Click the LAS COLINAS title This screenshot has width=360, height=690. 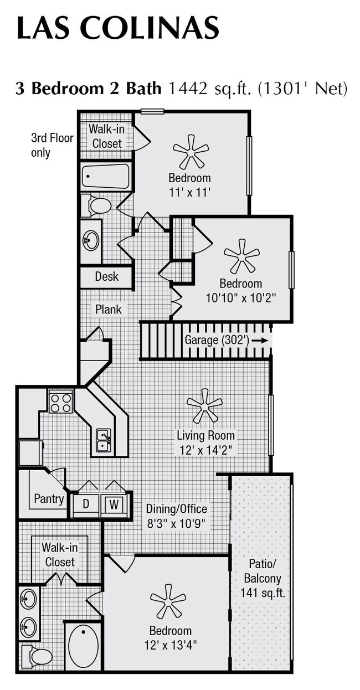(x=117, y=28)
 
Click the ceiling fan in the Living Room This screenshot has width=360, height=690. (x=204, y=405)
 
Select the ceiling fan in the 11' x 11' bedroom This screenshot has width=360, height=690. (x=191, y=151)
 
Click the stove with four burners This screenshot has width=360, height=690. (x=61, y=401)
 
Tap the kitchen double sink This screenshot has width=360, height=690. (x=104, y=441)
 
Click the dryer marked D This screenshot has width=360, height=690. (x=86, y=504)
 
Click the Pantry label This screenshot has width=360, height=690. (x=49, y=498)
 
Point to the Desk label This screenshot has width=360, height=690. (x=106, y=276)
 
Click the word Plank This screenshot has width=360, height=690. (x=109, y=309)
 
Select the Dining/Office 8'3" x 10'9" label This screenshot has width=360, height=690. (x=177, y=516)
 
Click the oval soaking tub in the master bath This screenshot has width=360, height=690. (x=84, y=646)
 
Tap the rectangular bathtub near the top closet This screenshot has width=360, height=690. (x=105, y=176)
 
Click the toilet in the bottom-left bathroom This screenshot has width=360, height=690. (x=38, y=656)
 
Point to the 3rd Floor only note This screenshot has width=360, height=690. (x=52, y=145)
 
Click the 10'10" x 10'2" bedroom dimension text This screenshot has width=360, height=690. (x=240, y=297)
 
